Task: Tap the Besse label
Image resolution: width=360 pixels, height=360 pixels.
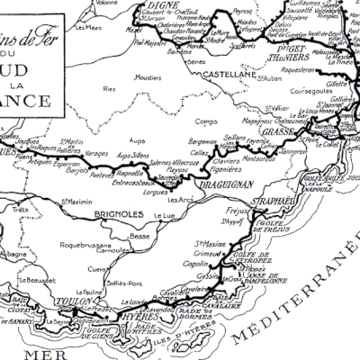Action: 139,236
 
